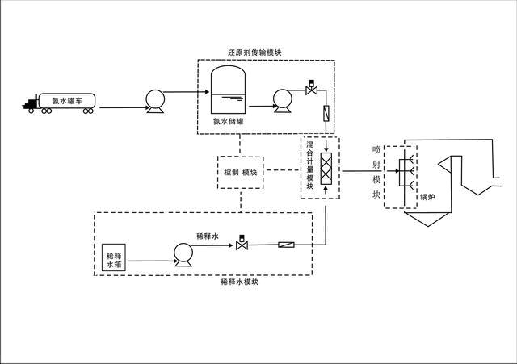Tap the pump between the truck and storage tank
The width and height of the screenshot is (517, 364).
(154, 101)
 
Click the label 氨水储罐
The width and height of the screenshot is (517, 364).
(229, 122)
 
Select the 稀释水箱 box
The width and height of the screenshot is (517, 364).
(112, 259)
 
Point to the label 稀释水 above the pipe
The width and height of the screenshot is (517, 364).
(208, 236)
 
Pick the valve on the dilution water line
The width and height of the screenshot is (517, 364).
(241, 244)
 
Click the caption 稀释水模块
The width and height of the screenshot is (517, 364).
(239, 283)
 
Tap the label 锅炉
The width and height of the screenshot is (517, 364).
(427, 196)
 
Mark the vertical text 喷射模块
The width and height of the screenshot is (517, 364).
(376, 172)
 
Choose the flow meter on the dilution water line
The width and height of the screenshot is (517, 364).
(289, 245)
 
